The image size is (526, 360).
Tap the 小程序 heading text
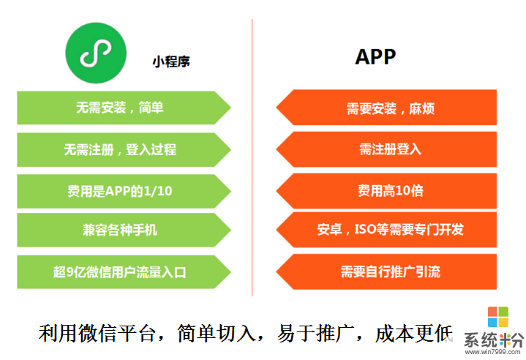coord(171,62)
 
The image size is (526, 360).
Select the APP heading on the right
coord(375,57)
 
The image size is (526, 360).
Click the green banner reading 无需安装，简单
coord(120,108)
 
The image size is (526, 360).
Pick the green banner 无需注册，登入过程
coord(120,149)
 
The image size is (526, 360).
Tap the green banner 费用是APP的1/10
coord(120,190)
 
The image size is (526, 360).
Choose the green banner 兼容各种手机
coord(120,230)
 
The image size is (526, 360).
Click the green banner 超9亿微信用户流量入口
coord(120,271)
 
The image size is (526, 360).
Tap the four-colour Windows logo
coord(498,316)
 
